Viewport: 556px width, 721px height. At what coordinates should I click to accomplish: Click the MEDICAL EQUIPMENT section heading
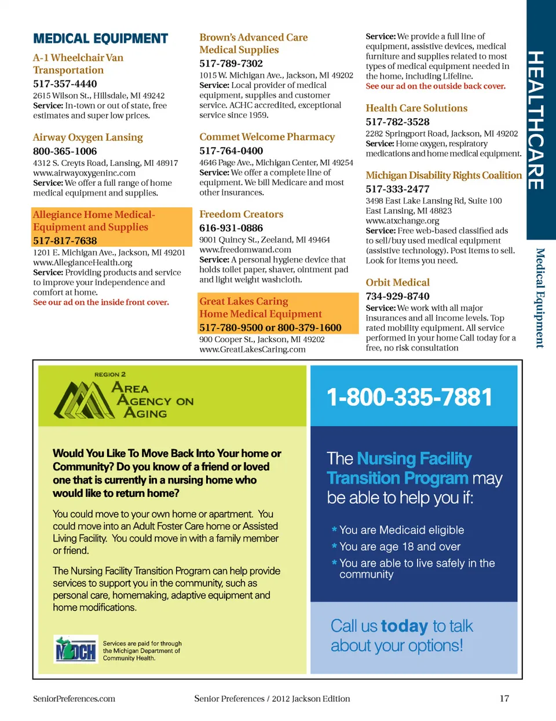pos(100,39)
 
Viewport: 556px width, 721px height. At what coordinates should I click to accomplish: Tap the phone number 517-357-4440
pos(65,84)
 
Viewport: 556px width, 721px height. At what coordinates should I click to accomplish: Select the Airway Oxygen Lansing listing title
pos(87,137)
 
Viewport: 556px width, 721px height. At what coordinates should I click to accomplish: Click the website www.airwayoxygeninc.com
pos(84,173)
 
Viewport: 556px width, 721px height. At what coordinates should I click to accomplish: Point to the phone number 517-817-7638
pos(65,240)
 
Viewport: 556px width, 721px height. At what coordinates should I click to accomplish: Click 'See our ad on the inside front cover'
pos(101,302)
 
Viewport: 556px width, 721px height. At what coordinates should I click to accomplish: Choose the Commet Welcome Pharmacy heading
pos(267,137)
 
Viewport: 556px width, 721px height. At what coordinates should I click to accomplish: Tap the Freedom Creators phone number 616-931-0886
pos(231,228)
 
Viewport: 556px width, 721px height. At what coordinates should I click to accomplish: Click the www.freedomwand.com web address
pos(245,250)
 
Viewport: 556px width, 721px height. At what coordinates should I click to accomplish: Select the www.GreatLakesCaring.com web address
pos(252,349)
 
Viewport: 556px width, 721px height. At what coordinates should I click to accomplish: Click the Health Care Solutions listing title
pos(416,108)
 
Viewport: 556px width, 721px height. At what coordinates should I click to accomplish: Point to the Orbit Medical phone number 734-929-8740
pos(397,297)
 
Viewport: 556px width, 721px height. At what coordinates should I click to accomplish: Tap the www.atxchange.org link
pos(402,221)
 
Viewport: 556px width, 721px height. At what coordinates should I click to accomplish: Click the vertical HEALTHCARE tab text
pos(536,120)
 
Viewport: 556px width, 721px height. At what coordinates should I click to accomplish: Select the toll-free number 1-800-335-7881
pos(409,397)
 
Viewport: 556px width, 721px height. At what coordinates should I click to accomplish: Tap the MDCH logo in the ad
pos(75,650)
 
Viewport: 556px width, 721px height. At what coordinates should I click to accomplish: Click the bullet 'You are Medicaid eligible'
pos(401,530)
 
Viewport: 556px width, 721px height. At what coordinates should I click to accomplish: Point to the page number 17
pos(504,698)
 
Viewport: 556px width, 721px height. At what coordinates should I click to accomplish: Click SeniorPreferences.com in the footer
pos(74,698)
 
